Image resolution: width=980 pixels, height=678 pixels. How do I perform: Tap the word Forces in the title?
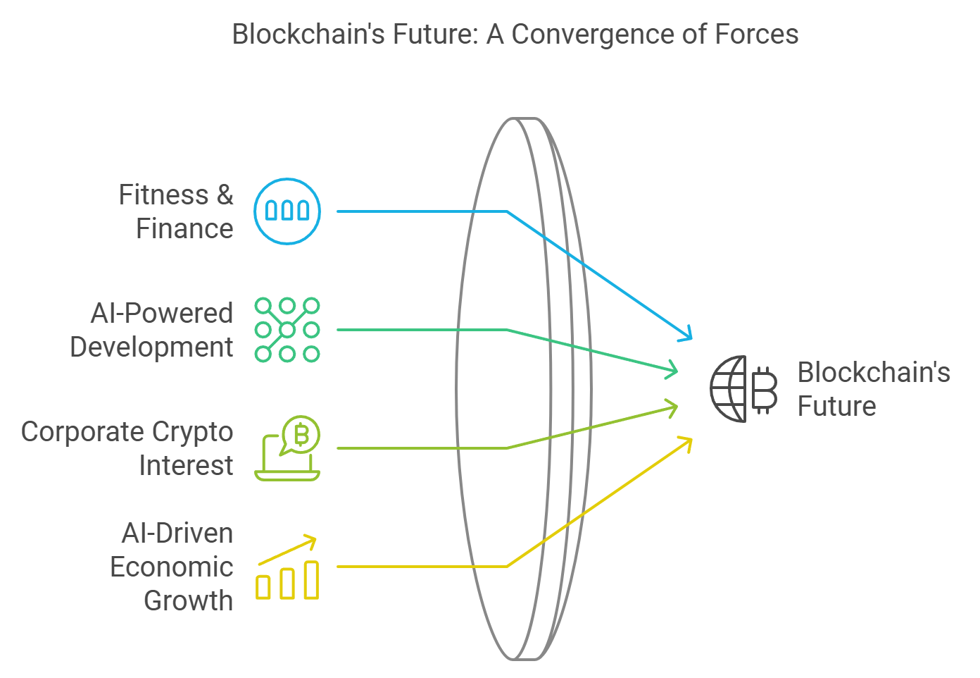click(x=757, y=34)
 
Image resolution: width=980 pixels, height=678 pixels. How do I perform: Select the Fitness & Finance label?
click(x=176, y=211)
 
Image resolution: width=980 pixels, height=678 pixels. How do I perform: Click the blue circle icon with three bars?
click(x=287, y=211)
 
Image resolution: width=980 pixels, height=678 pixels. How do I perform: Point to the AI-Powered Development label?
click(x=152, y=330)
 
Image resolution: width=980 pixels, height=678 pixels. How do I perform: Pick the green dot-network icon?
click(x=287, y=330)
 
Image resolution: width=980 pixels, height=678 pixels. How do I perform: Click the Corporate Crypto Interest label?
click(x=127, y=448)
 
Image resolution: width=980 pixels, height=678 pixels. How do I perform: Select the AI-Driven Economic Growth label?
click(x=172, y=567)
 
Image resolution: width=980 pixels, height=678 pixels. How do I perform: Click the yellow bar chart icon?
click(x=287, y=579)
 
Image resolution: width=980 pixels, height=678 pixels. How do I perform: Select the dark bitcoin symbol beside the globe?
click(x=765, y=389)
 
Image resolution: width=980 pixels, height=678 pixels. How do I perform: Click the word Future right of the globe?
click(x=837, y=407)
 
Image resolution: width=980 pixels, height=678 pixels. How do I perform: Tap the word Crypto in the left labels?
click(x=192, y=431)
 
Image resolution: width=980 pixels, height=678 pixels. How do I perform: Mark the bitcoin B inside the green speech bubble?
click(x=302, y=435)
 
